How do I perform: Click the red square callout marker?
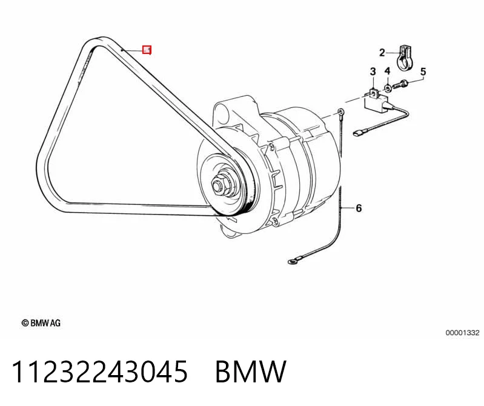(x=147, y=50)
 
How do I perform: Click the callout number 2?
(x=382, y=53)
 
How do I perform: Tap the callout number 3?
(x=373, y=72)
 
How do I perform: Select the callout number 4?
(x=388, y=71)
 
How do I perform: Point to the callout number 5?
(x=423, y=72)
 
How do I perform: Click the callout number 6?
(x=359, y=208)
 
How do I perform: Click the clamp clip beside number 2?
(x=404, y=58)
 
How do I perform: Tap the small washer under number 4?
(x=388, y=88)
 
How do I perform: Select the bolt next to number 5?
(x=401, y=84)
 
